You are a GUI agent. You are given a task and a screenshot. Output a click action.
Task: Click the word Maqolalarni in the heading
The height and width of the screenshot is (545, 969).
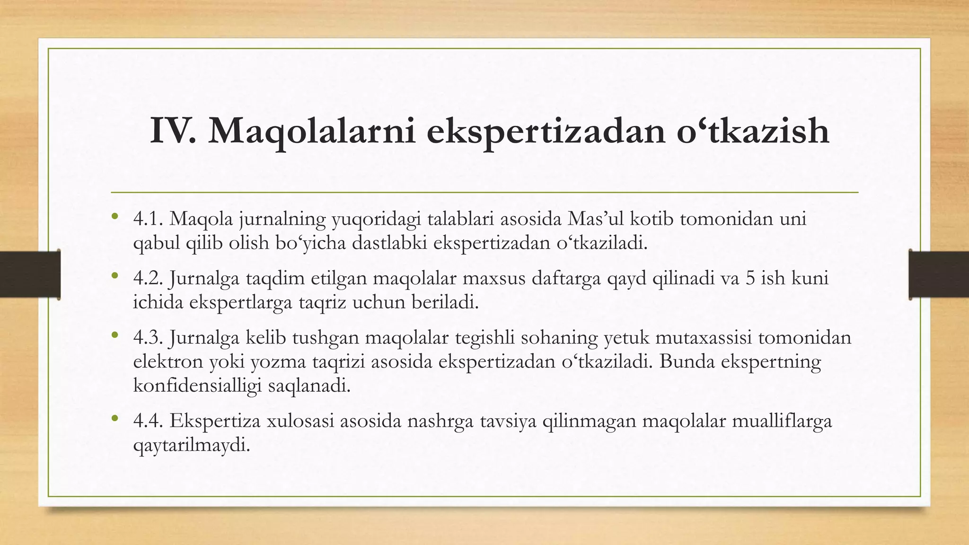click(312, 132)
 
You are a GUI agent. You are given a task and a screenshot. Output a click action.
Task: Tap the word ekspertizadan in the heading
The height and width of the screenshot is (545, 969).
click(544, 132)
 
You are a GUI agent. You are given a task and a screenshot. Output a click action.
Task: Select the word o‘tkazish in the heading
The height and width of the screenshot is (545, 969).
click(753, 131)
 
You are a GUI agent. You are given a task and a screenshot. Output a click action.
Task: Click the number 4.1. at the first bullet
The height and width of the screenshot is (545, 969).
click(149, 219)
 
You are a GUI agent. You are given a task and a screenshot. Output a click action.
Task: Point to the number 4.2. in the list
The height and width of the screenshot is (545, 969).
click(149, 278)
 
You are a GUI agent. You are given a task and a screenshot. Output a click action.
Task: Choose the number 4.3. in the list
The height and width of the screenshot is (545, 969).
click(149, 338)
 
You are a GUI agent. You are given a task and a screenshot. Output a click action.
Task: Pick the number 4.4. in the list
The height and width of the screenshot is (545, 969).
click(149, 421)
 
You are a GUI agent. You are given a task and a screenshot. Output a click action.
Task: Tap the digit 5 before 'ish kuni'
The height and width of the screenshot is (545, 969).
click(750, 278)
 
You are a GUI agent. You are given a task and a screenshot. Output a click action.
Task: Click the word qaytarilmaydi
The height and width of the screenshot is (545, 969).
click(191, 445)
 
